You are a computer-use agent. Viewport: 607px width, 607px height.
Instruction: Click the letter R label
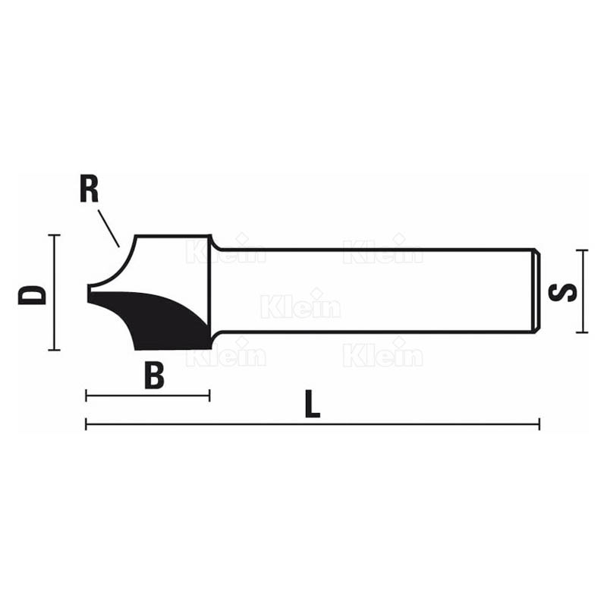click(89, 190)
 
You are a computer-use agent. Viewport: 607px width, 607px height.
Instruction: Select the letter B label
click(154, 375)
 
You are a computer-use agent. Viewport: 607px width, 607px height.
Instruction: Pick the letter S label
click(562, 291)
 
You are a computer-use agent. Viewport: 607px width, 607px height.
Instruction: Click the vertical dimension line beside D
click(54, 293)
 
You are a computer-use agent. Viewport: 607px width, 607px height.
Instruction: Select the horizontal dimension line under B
click(147, 395)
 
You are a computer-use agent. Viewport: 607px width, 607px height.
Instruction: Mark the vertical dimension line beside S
click(582, 291)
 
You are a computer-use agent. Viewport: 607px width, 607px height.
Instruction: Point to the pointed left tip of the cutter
click(89, 292)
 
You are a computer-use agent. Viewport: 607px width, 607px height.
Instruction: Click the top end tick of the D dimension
click(54, 236)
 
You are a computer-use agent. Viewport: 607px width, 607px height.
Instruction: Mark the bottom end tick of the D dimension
click(54, 350)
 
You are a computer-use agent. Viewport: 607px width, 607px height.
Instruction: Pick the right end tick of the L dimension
click(539, 424)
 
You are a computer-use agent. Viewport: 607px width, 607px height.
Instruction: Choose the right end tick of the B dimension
click(209, 395)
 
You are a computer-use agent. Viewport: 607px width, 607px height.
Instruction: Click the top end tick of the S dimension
click(582, 250)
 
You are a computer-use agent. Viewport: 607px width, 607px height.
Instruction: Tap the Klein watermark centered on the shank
click(300, 306)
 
